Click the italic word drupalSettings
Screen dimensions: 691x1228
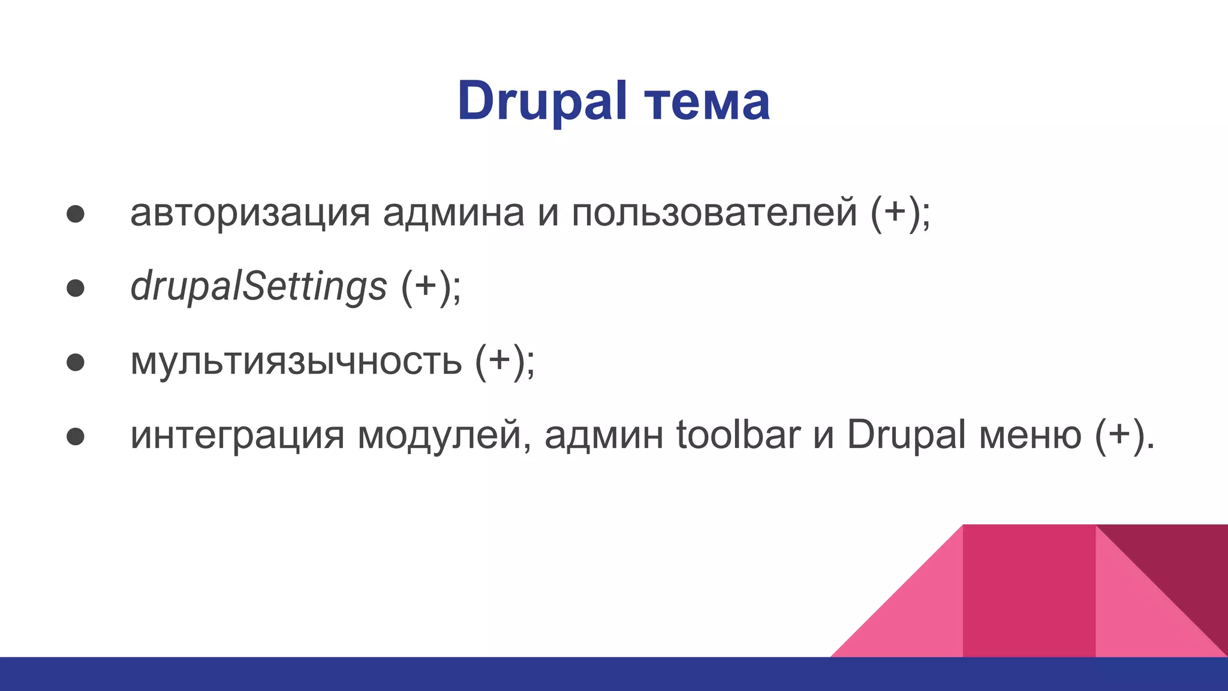point(258,286)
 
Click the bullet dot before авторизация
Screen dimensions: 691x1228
point(76,214)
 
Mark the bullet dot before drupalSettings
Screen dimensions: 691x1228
point(76,289)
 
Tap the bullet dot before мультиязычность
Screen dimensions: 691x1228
point(76,362)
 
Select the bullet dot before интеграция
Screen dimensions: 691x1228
point(76,437)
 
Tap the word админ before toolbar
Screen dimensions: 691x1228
point(604,435)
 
